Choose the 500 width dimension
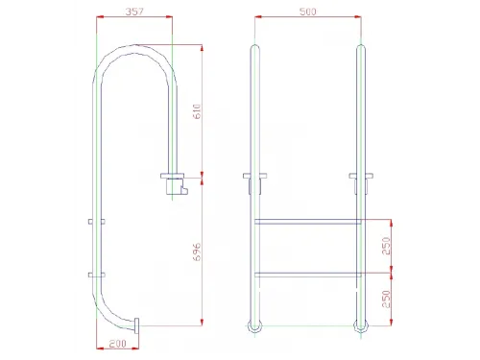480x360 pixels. click(307, 12)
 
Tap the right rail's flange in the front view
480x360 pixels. click(362, 177)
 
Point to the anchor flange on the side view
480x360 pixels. click(174, 178)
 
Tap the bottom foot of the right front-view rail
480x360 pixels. click(362, 325)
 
